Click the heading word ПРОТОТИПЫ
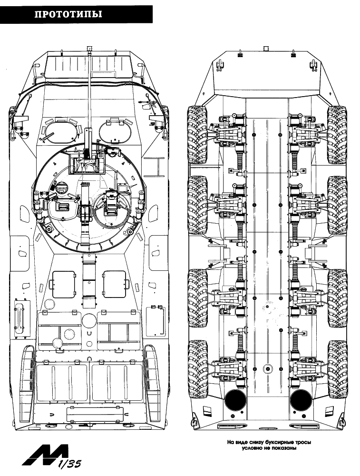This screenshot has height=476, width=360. click(x=68, y=14)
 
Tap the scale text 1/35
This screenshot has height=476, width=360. click(x=70, y=463)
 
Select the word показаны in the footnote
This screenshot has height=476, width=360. click(x=285, y=448)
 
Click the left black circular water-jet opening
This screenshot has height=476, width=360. click(x=236, y=399)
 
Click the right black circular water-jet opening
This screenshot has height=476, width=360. click(x=300, y=399)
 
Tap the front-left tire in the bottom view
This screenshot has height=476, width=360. click(x=197, y=135)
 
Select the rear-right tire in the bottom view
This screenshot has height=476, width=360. click(x=337, y=369)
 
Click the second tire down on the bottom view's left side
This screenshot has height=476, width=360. click(x=197, y=205)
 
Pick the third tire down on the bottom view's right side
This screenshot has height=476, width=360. click(x=337, y=298)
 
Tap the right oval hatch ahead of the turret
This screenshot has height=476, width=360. click(x=115, y=131)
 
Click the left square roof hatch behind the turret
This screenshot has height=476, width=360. click(x=64, y=284)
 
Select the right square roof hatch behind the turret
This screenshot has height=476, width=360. click(x=114, y=284)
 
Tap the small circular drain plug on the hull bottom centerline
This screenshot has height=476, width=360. click(x=267, y=368)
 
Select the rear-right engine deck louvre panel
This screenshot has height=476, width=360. click(x=117, y=383)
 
